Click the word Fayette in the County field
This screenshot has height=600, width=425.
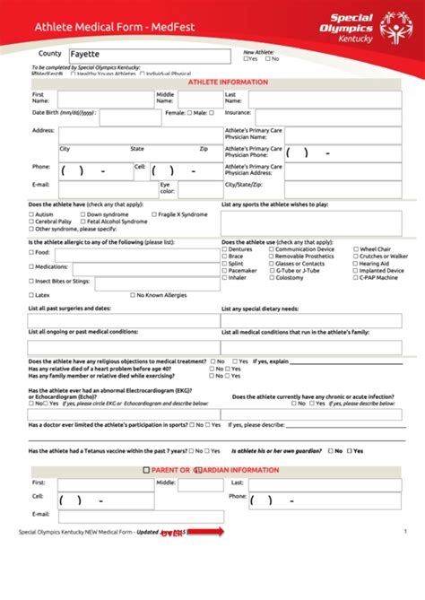(85, 55)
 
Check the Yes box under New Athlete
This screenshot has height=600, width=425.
(246, 59)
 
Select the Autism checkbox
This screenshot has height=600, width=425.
(31, 215)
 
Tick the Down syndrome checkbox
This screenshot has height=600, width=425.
(82, 215)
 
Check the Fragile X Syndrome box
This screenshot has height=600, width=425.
(152, 215)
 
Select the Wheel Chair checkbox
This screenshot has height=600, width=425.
(354, 248)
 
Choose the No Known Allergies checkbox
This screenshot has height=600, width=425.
(133, 294)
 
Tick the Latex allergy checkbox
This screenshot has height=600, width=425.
(31, 294)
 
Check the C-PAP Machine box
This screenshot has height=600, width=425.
(354, 278)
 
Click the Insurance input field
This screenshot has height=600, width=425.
(327, 117)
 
